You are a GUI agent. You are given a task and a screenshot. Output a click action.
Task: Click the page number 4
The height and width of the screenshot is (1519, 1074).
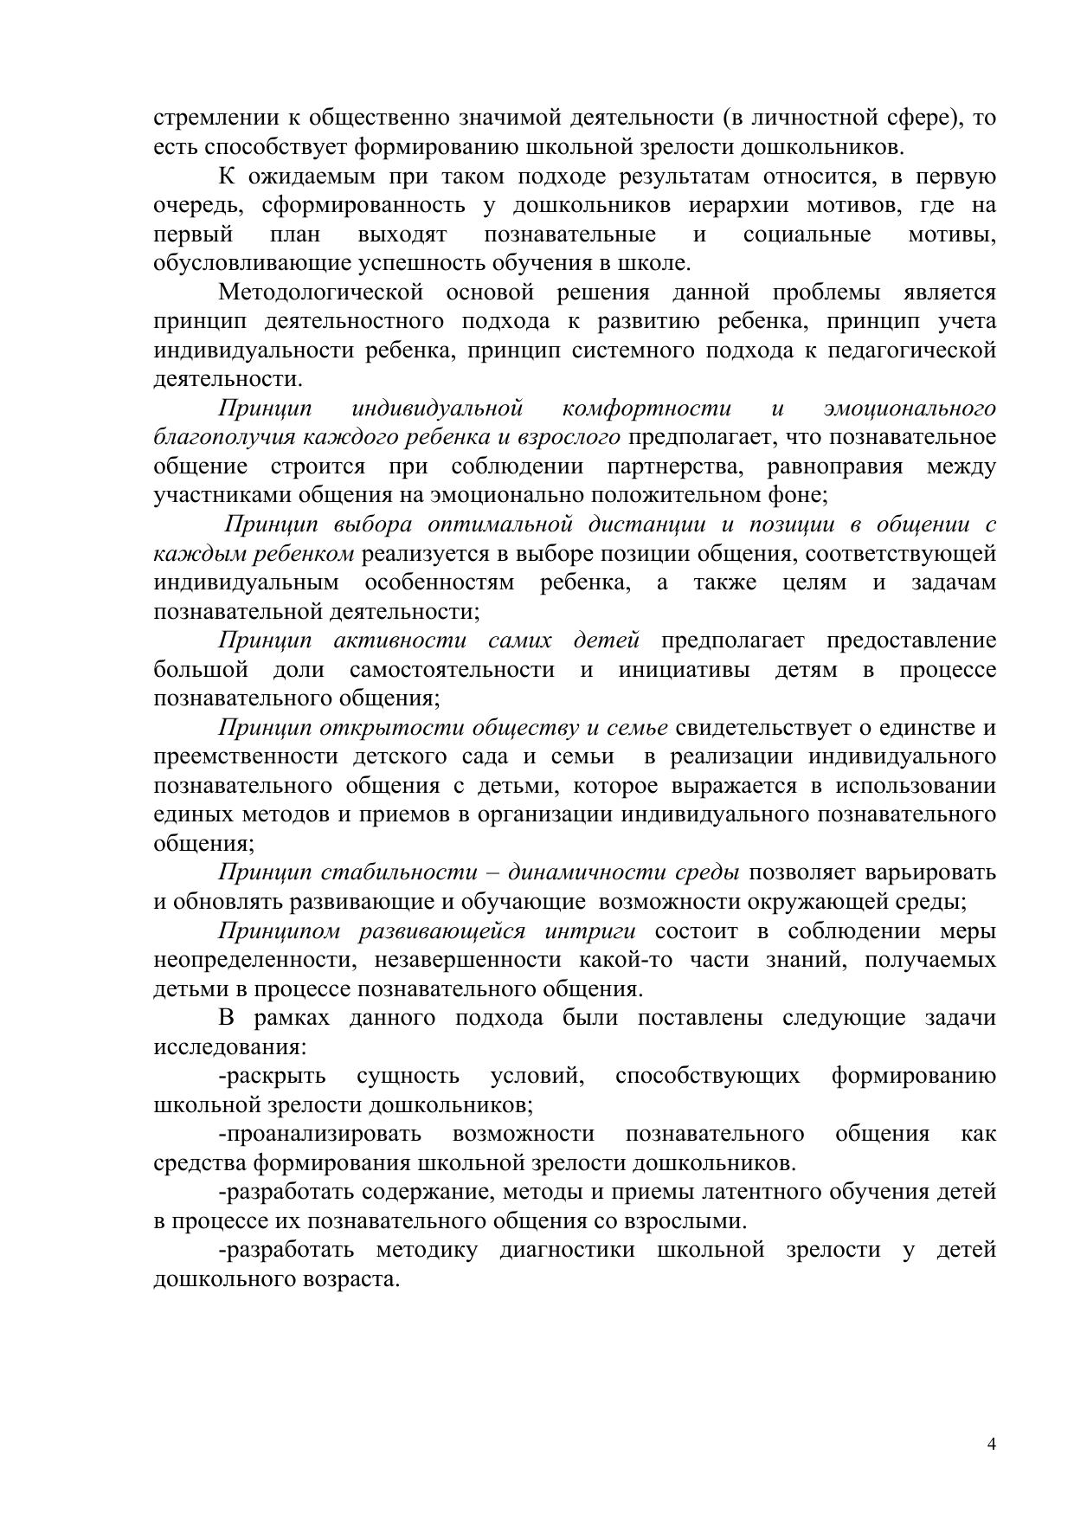(992, 1443)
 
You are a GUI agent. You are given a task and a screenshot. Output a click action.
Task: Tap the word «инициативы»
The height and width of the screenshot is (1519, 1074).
(684, 669)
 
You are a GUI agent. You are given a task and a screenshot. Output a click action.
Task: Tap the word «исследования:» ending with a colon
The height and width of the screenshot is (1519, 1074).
(229, 1047)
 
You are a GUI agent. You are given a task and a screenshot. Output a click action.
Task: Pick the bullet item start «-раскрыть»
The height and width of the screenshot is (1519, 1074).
(273, 1076)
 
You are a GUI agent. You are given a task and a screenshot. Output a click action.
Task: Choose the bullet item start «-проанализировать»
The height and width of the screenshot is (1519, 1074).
(320, 1134)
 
